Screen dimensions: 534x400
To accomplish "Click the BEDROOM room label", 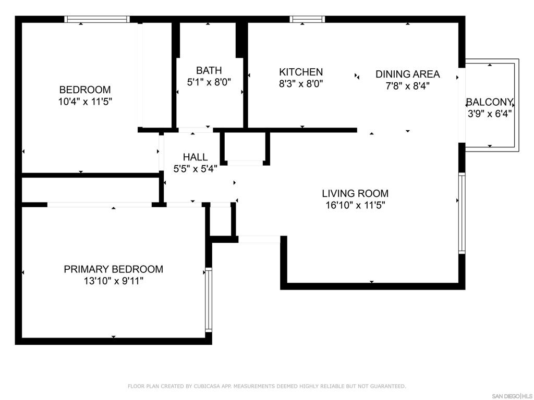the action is tap(85, 90).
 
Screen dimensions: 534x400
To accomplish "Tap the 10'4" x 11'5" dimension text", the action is tap(85, 102).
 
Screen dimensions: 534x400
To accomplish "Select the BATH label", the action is tap(209, 70).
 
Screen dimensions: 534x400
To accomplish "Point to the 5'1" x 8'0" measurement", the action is tap(209, 82).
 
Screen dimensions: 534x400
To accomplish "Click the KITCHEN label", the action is tap(301, 72).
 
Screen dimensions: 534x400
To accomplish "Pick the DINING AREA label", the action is tap(407, 74).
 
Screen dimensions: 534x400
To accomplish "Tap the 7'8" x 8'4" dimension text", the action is tap(407, 86).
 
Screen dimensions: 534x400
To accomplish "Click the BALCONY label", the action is tap(489, 102).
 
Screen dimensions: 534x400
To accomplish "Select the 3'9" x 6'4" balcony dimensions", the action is tap(489, 114).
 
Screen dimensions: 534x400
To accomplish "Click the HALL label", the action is tap(195, 157).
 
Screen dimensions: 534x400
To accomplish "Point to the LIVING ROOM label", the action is tap(355, 194).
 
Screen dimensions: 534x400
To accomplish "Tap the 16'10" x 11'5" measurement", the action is tap(355, 205).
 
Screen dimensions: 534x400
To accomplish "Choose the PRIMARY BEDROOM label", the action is tap(113, 269).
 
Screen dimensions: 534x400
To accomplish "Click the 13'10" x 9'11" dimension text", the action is tap(113, 281).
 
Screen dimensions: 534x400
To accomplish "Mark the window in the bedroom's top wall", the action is tap(97, 19).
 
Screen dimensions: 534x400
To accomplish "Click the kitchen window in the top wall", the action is tap(307, 19).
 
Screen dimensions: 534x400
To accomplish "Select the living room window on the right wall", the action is tap(462, 213).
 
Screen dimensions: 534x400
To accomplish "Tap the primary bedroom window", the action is tap(209, 299).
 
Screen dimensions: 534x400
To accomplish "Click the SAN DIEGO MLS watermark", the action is tap(512, 396).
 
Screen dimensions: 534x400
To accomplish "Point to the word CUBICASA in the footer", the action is tap(208, 386).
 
